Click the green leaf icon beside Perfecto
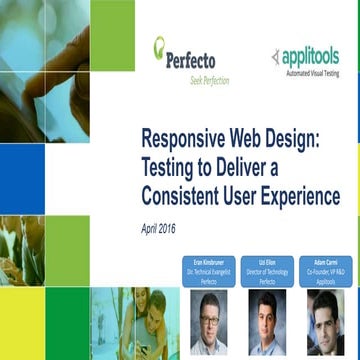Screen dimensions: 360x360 159,46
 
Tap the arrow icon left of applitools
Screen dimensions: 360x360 276,57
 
